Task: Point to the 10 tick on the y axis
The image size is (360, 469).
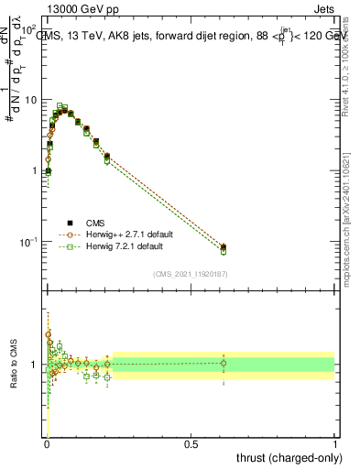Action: click(x=32, y=99)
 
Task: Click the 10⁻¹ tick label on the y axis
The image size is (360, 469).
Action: click(x=30, y=242)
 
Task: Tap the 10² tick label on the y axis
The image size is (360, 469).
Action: click(x=30, y=28)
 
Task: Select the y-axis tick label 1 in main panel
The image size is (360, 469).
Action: click(x=36, y=170)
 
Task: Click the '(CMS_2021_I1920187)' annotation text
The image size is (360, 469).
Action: click(x=191, y=273)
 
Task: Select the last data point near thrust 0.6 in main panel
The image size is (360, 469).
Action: click(x=224, y=247)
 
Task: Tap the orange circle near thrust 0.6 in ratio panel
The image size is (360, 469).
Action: click(x=224, y=364)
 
